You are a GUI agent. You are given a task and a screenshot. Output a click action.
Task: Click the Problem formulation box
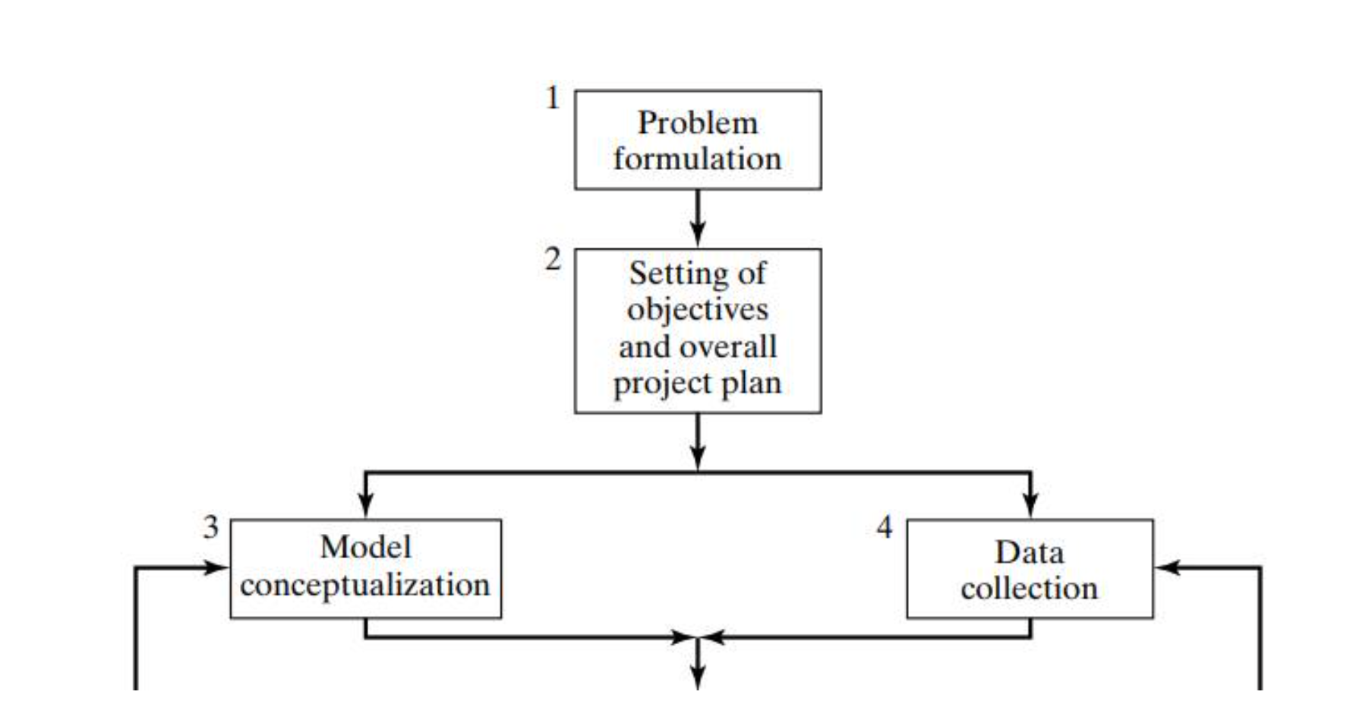pyautogui.click(x=697, y=140)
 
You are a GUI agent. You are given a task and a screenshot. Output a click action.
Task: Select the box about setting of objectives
pyautogui.click(x=697, y=330)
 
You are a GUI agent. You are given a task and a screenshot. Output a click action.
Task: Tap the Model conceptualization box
pyautogui.click(x=365, y=568)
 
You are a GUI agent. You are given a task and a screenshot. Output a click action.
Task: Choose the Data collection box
pyautogui.click(x=1029, y=568)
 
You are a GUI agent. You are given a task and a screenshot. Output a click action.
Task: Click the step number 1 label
pyautogui.click(x=553, y=98)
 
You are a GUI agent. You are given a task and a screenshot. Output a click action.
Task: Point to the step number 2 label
pyautogui.click(x=553, y=260)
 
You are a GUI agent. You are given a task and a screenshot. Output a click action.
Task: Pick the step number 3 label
pyautogui.click(x=210, y=527)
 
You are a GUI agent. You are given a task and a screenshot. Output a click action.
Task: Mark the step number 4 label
pyautogui.click(x=885, y=527)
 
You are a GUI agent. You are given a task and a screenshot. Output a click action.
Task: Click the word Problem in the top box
pyautogui.click(x=697, y=123)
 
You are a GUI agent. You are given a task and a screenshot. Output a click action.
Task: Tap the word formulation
pyautogui.click(x=697, y=159)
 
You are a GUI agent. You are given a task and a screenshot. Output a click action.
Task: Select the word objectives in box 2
pyautogui.click(x=697, y=310)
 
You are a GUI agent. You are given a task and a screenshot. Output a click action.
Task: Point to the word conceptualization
pyautogui.click(x=365, y=586)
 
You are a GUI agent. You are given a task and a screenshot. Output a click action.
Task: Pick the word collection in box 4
pyautogui.click(x=1029, y=589)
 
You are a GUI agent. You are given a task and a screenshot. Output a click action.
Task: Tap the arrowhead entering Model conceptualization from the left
pyautogui.click(x=217, y=567)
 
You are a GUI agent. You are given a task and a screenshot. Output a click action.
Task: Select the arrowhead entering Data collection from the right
pyautogui.click(x=1167, y=567)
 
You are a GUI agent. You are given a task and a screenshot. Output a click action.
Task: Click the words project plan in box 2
pyautogui.click(x=697, y=384)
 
